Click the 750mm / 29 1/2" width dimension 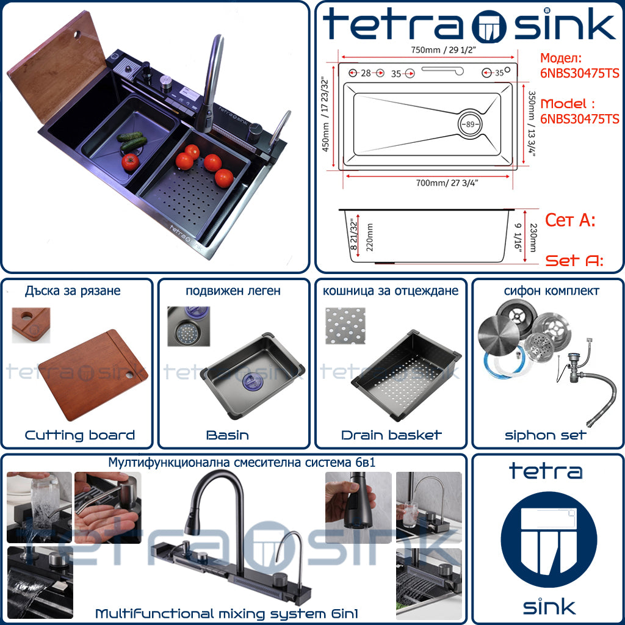pyautogui.click(x=444, y=50)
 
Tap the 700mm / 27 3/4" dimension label pyautogui.click(x=447, y=183)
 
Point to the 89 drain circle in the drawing pyautogui.click(x=470, y=124)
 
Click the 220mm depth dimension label pyautogui.click(x=369, y=237)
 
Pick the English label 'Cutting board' pyautogui.click(x=80, y=435)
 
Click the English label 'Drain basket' pyautogui.click(x=391, y=435)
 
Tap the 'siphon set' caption pyautogui.click(x=545, y=435)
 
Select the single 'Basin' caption pyautogui.click(x=228, y=435)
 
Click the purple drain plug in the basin pyautogui.click(x=253, y=381)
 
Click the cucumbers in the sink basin pyautogui.click(x=132, y=140)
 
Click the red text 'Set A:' pyautogui.click(x=574, y=260)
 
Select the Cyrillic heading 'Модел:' pyautogui.click(x=561, y=58)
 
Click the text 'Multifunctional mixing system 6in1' pyautogui.click(x=226, y=613)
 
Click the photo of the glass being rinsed pyautogui.click(x=40, y=507)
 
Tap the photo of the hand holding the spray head pyautogui.click(x=358, y=507)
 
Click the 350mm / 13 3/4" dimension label pyautogui.click(x=532, y=124)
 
